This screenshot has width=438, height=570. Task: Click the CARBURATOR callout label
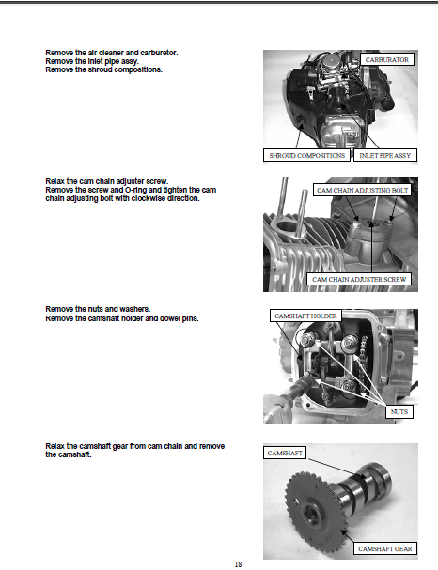pyautogui.click(x=387, y=59)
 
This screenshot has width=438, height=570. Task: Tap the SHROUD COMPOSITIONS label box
pyautogui.click(x=306, y=155)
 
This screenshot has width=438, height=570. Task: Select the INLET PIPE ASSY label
pyautogui.click(x=384, y=155)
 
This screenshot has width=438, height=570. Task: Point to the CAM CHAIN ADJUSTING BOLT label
pyautogui.click(x=362, y=190)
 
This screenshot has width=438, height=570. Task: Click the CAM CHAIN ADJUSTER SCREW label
pyautogui.click(x=359, y=279)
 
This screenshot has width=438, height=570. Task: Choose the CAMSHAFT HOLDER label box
pyautogui.click(x=305, y=316)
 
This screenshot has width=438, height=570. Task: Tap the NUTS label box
pyautogui.click(x=399, y=412)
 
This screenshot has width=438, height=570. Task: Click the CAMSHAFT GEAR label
pyautogui.click(x=384, y=549)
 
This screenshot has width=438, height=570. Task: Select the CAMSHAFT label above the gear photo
pyautogui.click(x=285, y=453)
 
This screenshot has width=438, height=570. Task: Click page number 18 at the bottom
pyautogui.click(x=239, y=564)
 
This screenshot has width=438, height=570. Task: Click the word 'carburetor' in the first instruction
pyautogui.click(x=159, y=53)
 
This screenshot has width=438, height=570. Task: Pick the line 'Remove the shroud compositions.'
pyautogui.click(x=103, y=69)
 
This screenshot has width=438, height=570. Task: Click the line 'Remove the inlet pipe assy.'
pyautogui.click(x=92, y=61)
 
